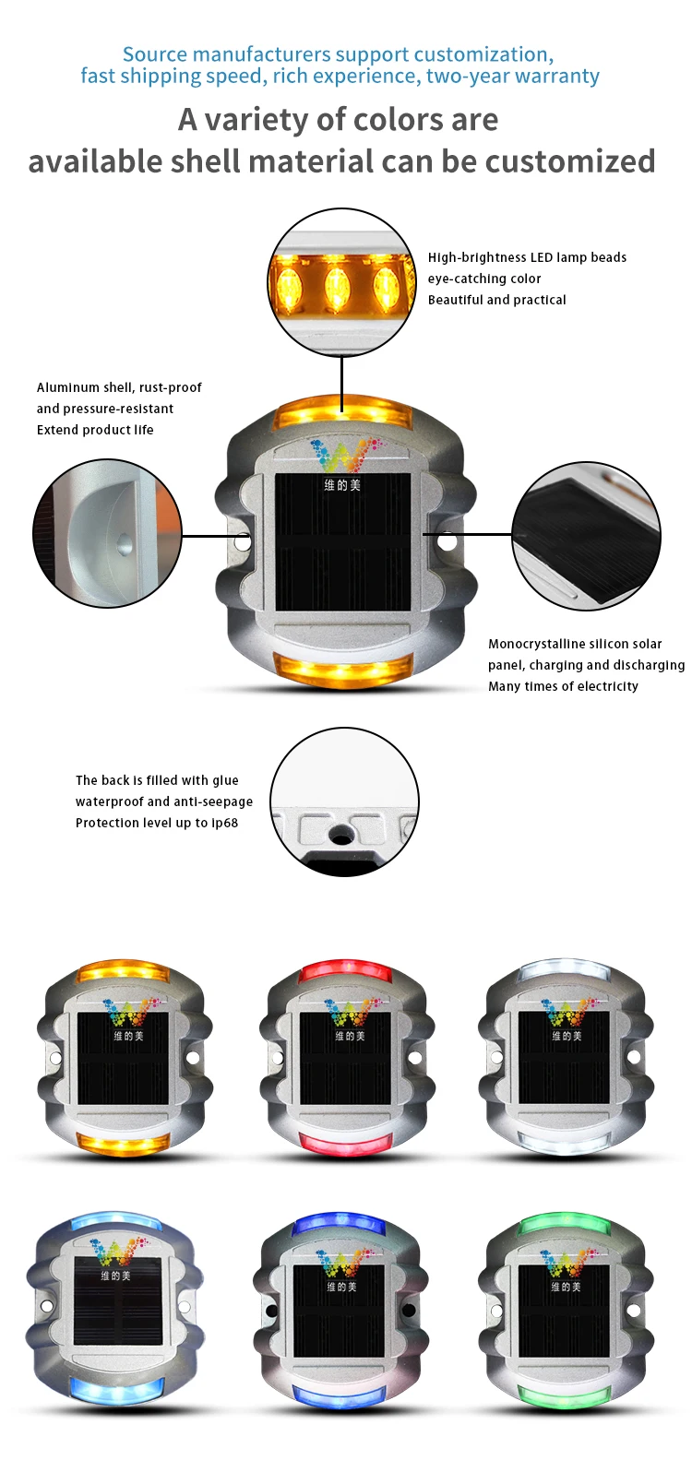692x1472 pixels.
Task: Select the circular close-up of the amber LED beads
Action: point(341,282)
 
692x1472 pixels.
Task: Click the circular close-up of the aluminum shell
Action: point(107,533)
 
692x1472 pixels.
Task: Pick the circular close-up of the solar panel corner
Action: point(586,536)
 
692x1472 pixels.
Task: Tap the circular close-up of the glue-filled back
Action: point(344,801)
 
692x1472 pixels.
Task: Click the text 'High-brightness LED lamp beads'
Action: point(527,257)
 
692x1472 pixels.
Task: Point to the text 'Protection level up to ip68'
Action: point(157,823)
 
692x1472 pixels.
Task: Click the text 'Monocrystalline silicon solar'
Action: point(575,644)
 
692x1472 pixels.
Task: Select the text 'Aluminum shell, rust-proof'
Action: point(119,387)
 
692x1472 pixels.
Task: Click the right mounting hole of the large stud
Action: point(447,543)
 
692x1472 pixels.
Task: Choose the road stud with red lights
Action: point(346,1059)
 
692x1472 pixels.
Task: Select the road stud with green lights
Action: point(566,1309)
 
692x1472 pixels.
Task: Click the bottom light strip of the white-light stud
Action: point(565,1142)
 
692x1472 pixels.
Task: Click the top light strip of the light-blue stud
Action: point(115,1222)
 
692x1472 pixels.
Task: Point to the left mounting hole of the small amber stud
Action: point(55,1059)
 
